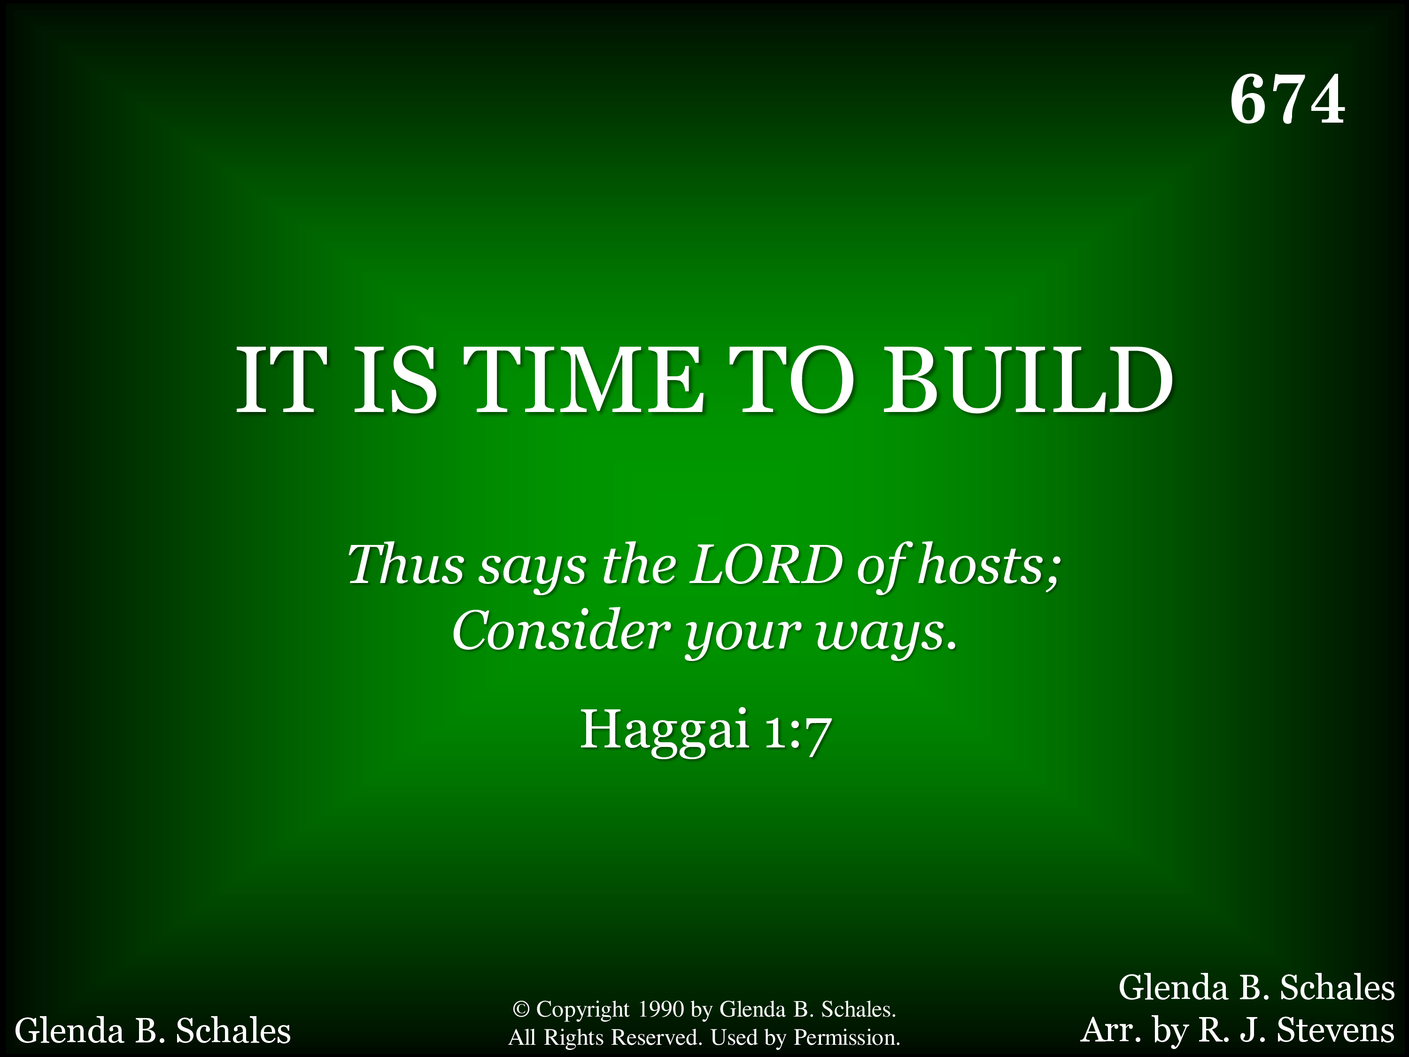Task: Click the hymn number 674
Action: tap(1287, 100)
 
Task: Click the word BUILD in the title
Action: tap(1028, 381)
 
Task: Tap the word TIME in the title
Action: tap(583, 381)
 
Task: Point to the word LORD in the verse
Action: tap(767, 565)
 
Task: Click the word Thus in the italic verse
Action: tap(405, 565)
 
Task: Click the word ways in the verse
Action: tap(886, 635)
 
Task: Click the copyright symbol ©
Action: tap(520, 1009)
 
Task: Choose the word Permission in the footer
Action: tap(846, 1038)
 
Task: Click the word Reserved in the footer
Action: tap(656, 1038)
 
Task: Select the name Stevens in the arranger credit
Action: tap(1336, 1030)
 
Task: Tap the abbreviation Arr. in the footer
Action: tap(1108, 1030)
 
